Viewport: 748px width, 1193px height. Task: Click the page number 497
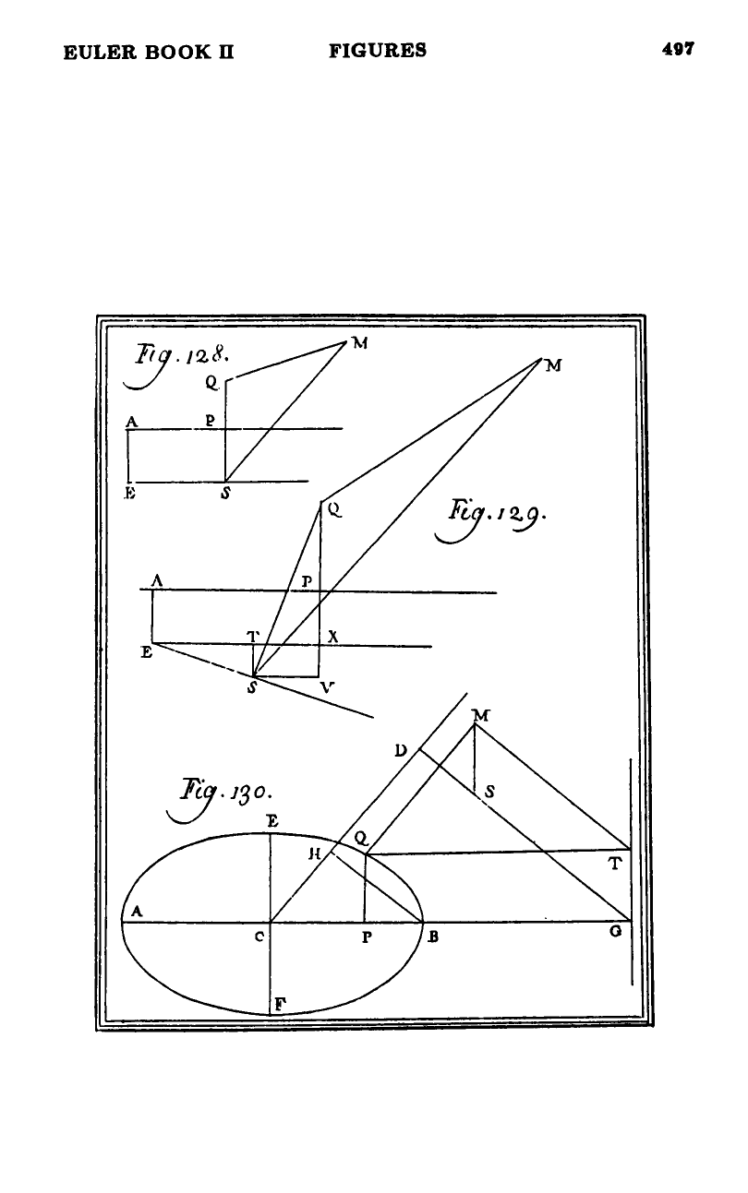tap(678, 49)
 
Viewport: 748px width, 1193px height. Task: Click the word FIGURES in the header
tap(378, 51)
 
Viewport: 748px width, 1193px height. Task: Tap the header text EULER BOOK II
tap(149, 53)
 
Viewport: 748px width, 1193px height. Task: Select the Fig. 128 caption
tap(176, 364)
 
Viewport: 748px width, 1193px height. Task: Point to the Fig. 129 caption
tap(490, 519)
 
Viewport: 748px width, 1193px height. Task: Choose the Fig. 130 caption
tap(220, 799)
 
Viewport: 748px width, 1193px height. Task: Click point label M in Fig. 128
tap(360, 343)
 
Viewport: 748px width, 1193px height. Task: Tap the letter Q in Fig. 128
tap(212, 383)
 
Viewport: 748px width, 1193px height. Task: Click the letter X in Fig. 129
tap(333, 637)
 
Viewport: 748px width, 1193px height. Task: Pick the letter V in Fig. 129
tap(327, 687)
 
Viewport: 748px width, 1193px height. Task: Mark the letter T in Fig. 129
tap(253, 636)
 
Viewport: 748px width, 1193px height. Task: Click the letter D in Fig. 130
tap(401, 751)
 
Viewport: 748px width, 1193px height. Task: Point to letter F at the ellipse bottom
tap(280, 1005)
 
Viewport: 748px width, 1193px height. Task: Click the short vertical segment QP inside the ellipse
tap(365, 888)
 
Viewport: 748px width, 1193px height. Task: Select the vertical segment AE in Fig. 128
tap(128, 456)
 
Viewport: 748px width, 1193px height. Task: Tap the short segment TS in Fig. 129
tap(253, 660)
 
